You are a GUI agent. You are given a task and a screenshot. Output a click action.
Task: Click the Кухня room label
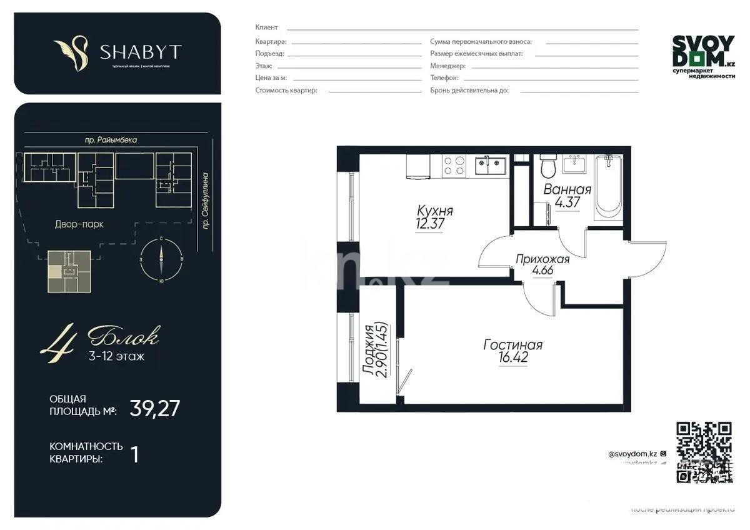pyautogui.click(x=435, y=211)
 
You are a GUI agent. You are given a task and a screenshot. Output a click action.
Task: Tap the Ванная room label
pyautogui.click(x=567, y=190)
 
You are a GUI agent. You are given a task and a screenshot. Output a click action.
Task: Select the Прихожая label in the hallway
pyautogui.click(x=542, y=259)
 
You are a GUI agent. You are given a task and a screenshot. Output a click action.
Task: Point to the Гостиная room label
pyautogui.click(x=512, y=344)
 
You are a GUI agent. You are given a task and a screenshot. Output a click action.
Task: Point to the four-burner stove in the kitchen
pyautogui.click(x=454, y=165)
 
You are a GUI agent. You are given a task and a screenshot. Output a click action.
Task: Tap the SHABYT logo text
pyautogui.click(x=140, y=51)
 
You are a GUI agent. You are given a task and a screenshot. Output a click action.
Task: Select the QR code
pyautogui.click(x=704, y=452)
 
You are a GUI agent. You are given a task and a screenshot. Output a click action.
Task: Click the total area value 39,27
pyautogui.click(x=155, y=408)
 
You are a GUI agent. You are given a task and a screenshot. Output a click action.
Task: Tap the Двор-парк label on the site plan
pyautogui.click(x=79, y=224)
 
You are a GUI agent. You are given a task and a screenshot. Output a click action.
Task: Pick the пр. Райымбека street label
pyautogui.click(x=111, y=141)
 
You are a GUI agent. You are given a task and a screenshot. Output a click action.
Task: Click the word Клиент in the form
pyautogui.click(x=267, y=27)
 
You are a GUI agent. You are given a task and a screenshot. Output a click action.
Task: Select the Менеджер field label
pyautogui.click(x=447, y=66)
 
